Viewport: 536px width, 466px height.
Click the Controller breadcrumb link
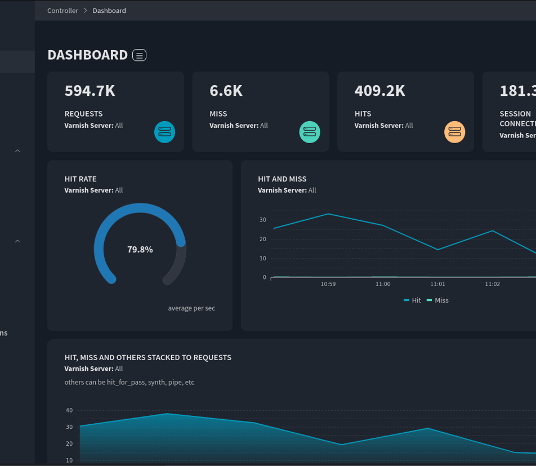62,11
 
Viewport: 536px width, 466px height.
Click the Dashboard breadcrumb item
109,11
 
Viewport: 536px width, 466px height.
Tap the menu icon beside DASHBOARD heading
139,55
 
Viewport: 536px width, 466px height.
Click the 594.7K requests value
90,91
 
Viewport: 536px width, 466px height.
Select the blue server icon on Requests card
164,132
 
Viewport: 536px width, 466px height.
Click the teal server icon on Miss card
310,132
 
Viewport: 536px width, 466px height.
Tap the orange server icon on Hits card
455,132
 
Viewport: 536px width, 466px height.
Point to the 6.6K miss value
226,91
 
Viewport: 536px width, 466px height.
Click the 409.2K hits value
379,91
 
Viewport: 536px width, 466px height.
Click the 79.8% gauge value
140,250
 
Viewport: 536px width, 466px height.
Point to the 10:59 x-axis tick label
328,284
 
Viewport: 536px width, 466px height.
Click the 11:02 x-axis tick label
492,284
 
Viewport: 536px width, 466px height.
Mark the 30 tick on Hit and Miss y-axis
263,220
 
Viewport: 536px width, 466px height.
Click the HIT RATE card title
81,179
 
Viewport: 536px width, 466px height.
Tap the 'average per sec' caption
191,308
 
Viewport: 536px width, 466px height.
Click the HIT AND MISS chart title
282,179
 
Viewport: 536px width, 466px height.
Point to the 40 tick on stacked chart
69,410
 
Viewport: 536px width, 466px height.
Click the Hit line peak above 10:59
328,214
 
